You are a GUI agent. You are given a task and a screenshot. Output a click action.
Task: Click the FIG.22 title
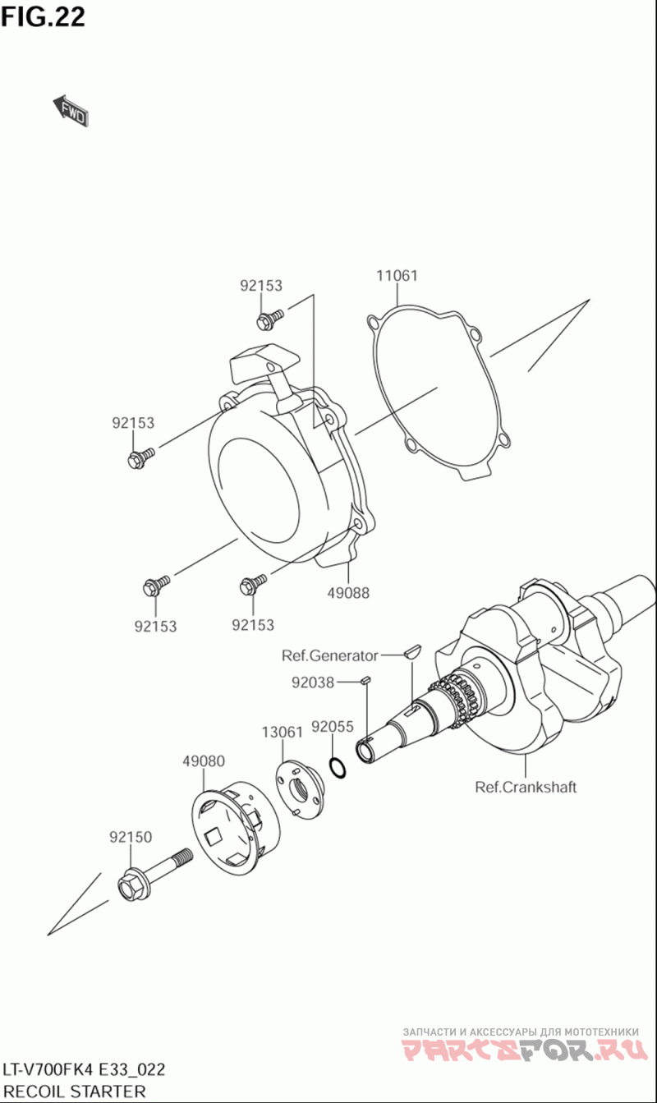[x=43, y=16]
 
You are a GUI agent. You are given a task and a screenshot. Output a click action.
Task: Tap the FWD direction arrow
[x=71, y=111]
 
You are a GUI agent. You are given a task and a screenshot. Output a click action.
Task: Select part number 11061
[x=397, y=276]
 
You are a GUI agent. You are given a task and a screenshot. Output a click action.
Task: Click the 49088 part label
[x=348, y=592]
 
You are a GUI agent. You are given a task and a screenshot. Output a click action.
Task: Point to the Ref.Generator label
[x=329, y=655]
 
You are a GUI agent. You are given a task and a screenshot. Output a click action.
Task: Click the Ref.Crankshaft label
[x=526, y=787]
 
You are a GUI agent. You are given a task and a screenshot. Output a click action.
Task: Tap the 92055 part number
[x=333, y=727]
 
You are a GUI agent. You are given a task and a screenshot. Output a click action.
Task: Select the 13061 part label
[x=283, y=731]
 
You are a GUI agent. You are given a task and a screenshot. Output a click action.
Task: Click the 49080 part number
[x=203, y=761]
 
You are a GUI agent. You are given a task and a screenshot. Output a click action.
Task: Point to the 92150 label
[x=131, y=837]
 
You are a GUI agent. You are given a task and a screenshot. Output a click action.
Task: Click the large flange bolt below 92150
[x=156, y=874]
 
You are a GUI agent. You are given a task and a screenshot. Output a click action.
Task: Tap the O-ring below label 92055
[x=337, y=767]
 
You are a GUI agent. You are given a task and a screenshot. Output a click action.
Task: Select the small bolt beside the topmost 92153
[x=269, y=315]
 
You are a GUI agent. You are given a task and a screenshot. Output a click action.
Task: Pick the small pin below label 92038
[x=367, y=679]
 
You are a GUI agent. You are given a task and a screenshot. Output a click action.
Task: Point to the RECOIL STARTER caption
[x=74, y=1092]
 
